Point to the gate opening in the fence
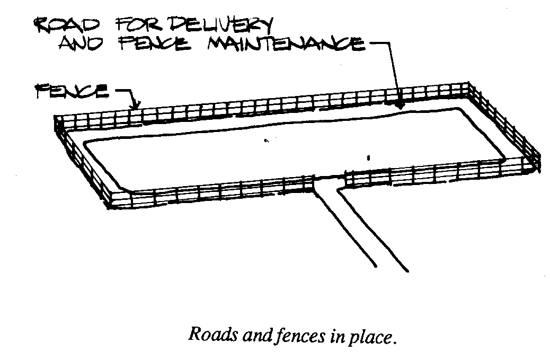tap(329, 180)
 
